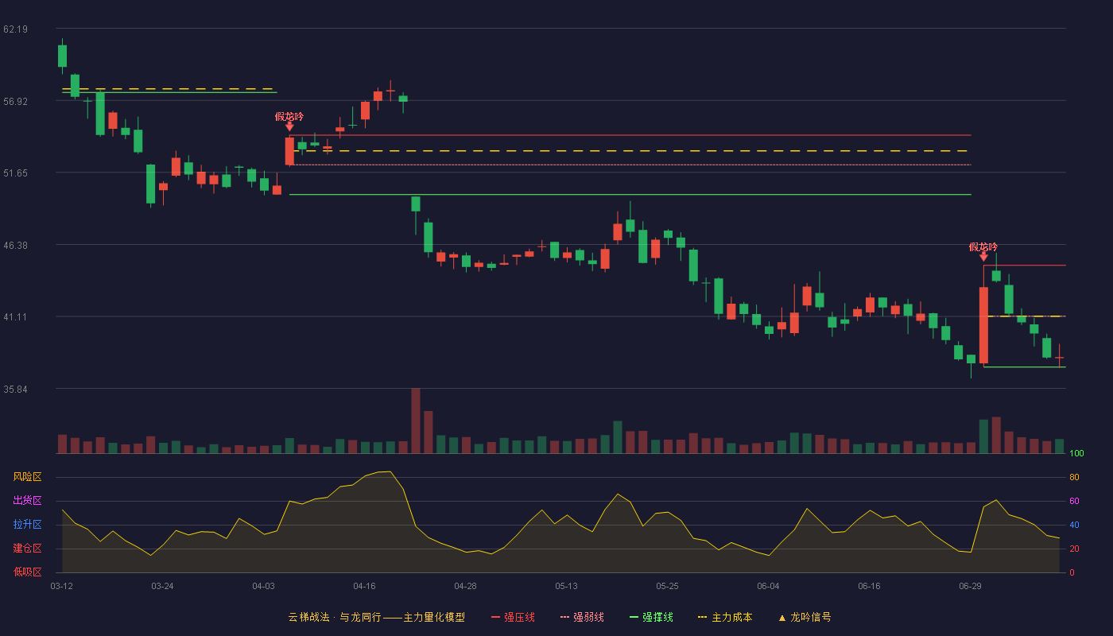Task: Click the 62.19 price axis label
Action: (x=15, y=29)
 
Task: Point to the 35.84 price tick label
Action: (x=15, y=390)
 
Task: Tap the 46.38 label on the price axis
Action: (x=15, y=246)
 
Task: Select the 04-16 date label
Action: (x=364, y=587)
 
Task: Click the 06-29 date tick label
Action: (x=970, y=587)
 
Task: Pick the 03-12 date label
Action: (x=62, y=587)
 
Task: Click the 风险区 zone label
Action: (x=27, y=477)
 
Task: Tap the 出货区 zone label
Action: (x=27, y=500)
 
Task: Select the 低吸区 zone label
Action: (x=27, y=572)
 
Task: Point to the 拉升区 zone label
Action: (x=27, y=524)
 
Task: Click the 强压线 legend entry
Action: (x=513, y=617)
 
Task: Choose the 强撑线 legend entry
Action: (x=651, y=617)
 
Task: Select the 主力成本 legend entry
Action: (x=725, y=617)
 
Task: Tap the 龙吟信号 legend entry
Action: (x=805, y=617)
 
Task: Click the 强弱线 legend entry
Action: (x=582, y=617)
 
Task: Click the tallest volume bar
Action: (x=416, y=421)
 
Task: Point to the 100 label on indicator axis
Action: (x=1076, y=453)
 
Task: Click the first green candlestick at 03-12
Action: (x=62, y=56)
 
